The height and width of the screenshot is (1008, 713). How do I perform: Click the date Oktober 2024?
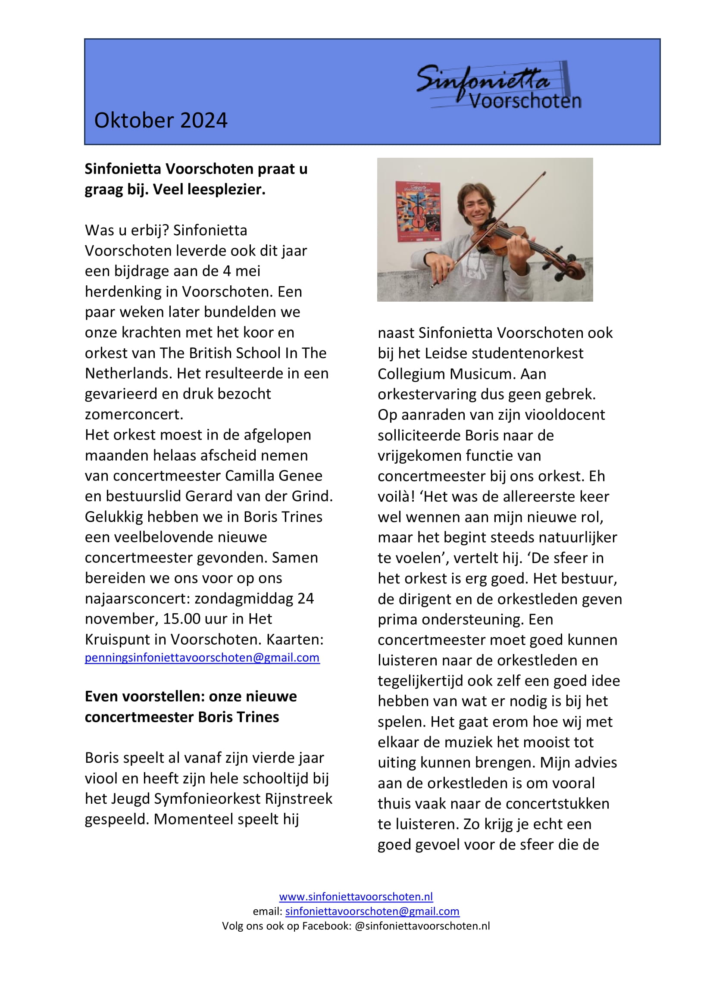coord(161,120)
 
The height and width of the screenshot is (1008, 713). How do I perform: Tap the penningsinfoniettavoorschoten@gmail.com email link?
coord(202,658)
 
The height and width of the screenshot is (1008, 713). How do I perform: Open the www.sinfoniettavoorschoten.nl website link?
coord(356,896)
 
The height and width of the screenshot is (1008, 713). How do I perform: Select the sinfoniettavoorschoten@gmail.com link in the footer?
coord(372,911)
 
